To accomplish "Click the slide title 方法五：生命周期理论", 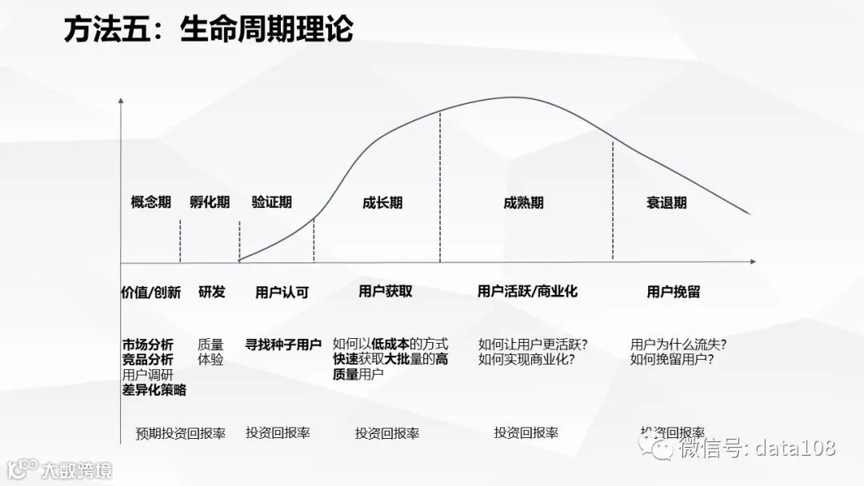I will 209,30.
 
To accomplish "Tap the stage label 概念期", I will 151,202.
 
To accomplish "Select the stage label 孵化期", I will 210,202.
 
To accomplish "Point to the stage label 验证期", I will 272,202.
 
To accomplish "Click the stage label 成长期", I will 382,203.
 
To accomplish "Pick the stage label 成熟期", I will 523,203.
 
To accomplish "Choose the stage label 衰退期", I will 666,203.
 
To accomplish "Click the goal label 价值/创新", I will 151,292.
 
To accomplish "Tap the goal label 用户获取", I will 386,292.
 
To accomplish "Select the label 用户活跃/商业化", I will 527,292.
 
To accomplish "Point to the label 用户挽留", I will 674,292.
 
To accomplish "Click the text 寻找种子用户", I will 283,345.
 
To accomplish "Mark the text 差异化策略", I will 154,390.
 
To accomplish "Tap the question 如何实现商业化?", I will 526,360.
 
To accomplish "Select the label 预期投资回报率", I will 181,433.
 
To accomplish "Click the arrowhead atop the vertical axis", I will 121,101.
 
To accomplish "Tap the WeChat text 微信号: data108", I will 757,448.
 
